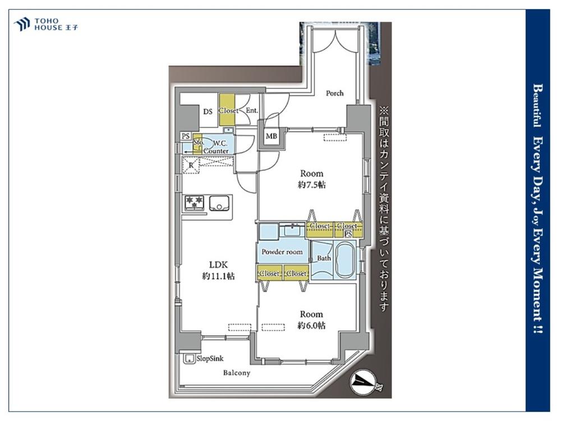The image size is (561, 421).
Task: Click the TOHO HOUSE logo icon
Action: point(21,24)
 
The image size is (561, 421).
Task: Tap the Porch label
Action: point(334,93)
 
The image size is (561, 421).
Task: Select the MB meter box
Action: point(271,136)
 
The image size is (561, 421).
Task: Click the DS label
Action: point(208,112)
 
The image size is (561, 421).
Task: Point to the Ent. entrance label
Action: point(251,111)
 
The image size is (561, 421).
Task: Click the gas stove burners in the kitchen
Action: point(194,203)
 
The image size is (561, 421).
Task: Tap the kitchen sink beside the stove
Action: point(220,203)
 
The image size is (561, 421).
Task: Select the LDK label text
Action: point(218,264)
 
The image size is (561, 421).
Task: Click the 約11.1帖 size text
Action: point(218,276)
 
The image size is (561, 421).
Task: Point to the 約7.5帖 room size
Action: point(311,185)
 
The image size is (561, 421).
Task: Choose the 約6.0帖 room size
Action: point(311,326)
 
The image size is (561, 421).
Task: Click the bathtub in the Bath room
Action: point(344,260)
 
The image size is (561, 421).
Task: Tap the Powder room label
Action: point(282,252)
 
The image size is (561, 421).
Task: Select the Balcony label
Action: point(237,373)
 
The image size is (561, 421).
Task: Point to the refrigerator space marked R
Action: point(191,166)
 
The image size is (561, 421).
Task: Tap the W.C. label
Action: point(220,144)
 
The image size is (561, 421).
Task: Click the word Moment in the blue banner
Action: point(537,294)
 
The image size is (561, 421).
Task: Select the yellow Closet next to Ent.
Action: point(227,109)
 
